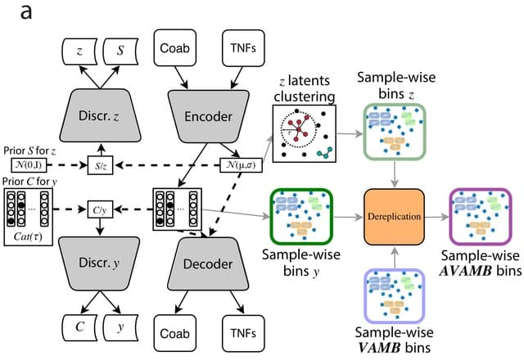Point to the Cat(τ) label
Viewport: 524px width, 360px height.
[x=27, y=238]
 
